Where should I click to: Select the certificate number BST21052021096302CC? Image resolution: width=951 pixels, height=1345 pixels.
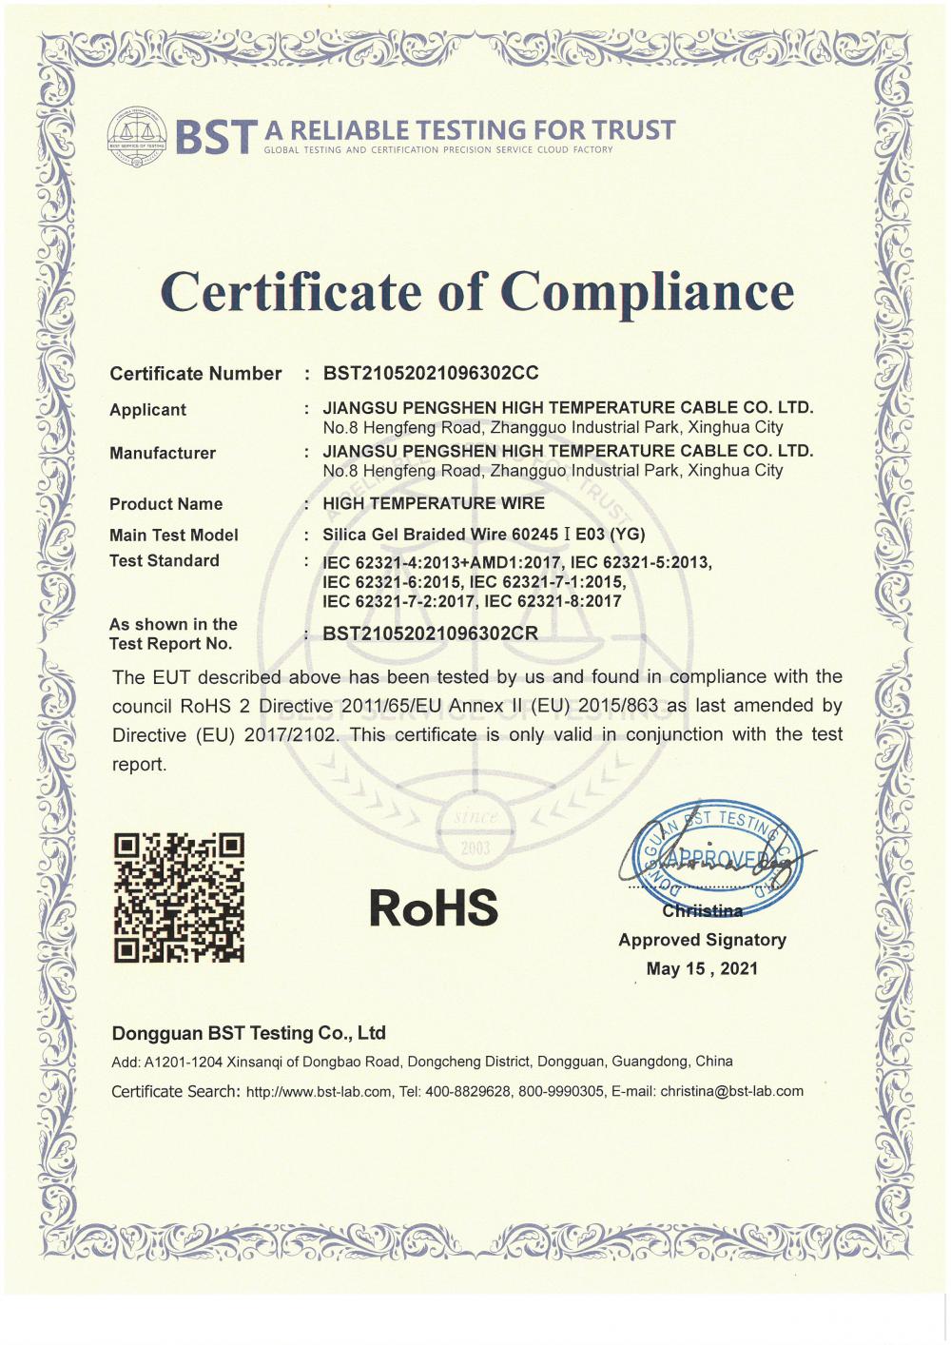(431, 373)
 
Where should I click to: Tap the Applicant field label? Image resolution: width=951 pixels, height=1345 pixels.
(147, 410)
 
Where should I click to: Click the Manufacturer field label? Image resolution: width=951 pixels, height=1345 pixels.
(163, 453)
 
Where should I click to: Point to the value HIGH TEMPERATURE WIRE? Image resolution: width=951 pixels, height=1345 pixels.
(434, 503)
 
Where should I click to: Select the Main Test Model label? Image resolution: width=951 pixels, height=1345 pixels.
(174, 535)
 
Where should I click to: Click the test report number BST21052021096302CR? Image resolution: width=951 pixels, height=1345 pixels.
(431, 633)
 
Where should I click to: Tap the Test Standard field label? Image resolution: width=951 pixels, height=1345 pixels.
(165, 560)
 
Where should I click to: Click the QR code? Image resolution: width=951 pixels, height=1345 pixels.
(179, 897)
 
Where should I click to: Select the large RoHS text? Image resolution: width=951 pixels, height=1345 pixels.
(434, 906)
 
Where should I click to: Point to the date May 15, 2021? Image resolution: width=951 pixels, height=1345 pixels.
(702, 968)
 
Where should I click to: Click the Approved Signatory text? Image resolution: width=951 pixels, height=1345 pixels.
(702, 940)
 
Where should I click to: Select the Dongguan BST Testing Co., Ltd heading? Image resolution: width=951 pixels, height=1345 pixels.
(249, 1033)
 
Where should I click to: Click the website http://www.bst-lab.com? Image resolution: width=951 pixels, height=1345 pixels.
(318, 1092)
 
